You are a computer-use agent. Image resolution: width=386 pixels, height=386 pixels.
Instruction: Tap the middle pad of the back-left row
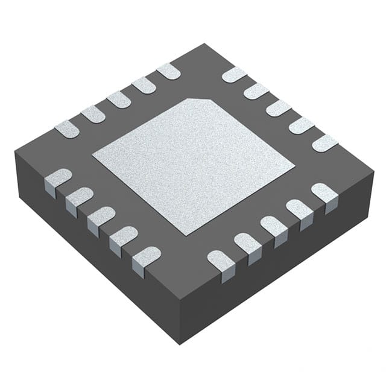[119, 100]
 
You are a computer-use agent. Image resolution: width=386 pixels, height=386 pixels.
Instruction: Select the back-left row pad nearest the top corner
[168, 72]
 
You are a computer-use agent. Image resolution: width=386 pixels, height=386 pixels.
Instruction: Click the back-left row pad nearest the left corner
[67, 128]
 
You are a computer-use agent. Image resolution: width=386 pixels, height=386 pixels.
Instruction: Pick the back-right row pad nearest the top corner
[234, 75]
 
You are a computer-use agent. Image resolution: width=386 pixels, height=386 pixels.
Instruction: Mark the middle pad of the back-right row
[279, 108]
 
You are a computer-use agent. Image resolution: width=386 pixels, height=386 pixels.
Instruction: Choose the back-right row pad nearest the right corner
[325, 143]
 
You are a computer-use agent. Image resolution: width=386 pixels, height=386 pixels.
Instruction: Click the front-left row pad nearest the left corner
[58, 179]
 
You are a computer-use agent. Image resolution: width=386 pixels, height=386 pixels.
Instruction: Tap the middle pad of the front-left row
[100, 217]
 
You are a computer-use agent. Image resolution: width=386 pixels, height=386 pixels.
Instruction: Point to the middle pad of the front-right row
[273, 227]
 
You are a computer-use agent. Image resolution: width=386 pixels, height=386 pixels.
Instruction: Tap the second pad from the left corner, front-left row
[79, 197]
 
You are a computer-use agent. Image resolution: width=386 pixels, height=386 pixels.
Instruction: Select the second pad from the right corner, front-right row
[299, 210]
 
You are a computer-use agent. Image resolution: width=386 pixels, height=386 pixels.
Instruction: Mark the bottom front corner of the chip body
[180, 344]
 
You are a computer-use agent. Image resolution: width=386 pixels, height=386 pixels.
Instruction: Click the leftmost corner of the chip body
[15, 153]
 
